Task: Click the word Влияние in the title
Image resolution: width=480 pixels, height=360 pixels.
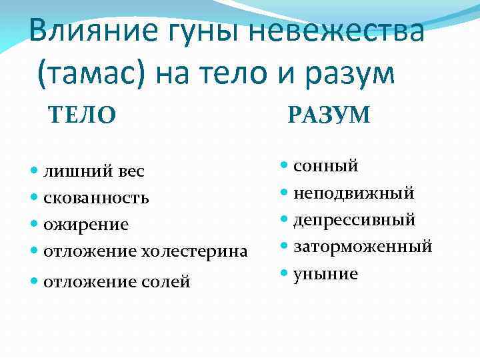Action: click(x=81, y=33)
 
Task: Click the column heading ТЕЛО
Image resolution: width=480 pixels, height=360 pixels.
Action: click(x=82, y=115)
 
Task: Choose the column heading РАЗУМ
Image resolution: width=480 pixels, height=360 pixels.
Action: click(x=329, y=115)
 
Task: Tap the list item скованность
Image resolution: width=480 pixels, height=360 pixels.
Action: click(x=96, y=198)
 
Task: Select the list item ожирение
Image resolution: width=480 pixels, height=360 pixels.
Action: click(x=86, y=225)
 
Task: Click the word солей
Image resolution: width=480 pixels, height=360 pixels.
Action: click(x=166, y=282)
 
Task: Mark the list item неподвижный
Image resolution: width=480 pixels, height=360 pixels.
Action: click(x=353, y=193)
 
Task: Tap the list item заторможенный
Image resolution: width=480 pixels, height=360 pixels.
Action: click(x=363, y=247)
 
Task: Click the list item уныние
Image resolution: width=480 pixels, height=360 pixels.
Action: click(x=326, y=274)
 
